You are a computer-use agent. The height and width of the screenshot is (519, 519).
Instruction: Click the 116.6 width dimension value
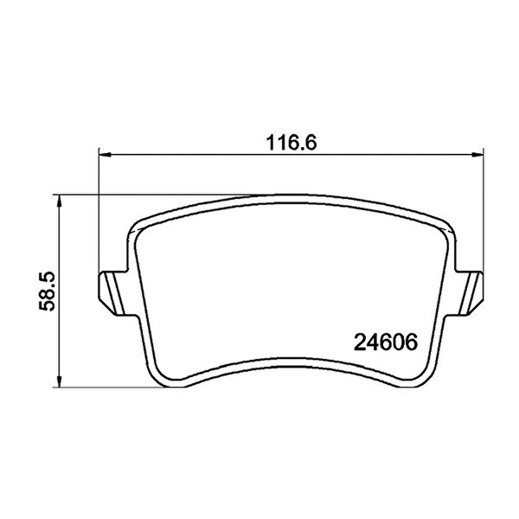click(292, 143)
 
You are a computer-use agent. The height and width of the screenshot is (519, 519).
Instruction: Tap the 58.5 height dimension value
click(47, 292)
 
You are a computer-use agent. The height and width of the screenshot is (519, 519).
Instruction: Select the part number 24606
click(386, 343)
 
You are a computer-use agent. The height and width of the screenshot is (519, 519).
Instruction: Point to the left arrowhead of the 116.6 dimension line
click(105, 155)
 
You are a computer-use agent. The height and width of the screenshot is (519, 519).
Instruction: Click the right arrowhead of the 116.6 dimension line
click(477, 155)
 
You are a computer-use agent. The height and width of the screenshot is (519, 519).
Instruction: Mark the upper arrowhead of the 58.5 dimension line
click(59, 201)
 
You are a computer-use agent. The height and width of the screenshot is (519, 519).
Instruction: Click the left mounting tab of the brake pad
click(112, 293)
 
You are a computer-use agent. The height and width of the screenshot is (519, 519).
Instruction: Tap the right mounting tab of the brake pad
click(470, 293)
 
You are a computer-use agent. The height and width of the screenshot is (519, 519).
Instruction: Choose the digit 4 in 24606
click(373, 343)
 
